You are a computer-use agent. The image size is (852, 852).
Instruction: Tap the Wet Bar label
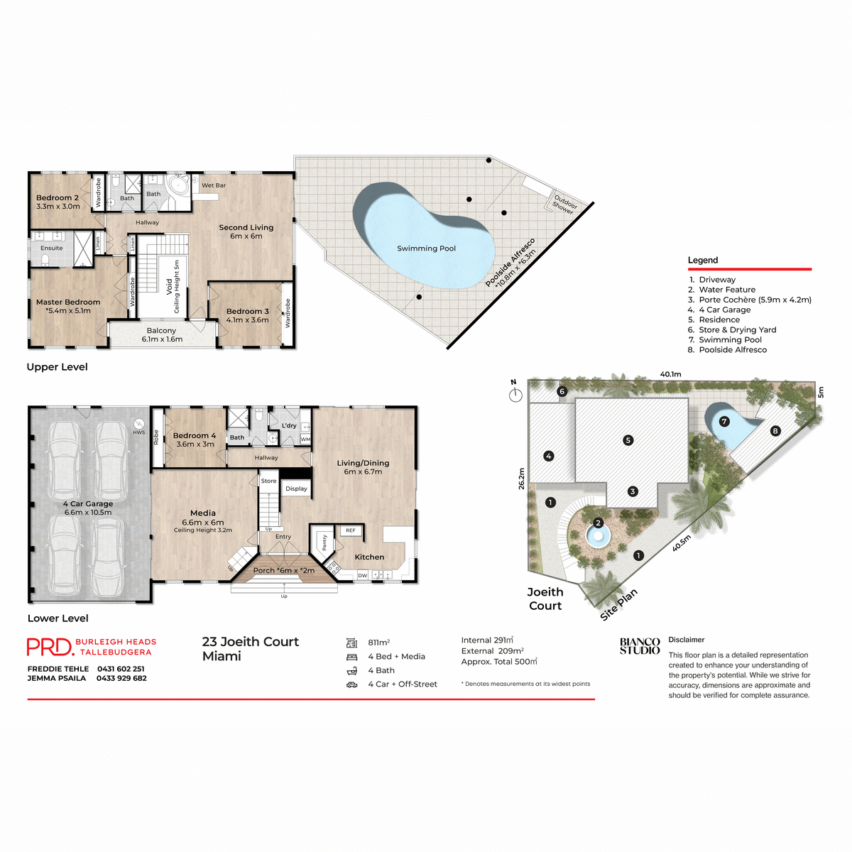pos(214,185)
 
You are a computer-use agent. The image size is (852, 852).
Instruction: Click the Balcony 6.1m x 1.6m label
pos(162,334)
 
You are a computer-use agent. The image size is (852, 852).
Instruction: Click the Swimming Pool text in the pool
pos(426,248)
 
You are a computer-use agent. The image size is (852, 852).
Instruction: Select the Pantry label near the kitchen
pos(324,542)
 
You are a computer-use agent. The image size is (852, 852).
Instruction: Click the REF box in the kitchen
pos(351,530)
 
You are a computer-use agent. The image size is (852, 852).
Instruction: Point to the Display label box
pos(297,488)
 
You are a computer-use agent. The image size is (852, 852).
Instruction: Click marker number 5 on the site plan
pos(628,440)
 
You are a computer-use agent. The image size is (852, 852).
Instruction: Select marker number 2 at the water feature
pos(598,523)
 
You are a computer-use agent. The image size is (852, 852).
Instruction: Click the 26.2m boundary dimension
pos(522,478)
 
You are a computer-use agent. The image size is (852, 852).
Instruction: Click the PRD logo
pos(50,647)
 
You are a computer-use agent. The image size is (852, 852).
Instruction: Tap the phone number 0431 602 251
pos(121,669)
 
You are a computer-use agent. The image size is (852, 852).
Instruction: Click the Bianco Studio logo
pos(640,646)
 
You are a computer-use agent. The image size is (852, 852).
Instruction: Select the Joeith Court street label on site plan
pos(545,599)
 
